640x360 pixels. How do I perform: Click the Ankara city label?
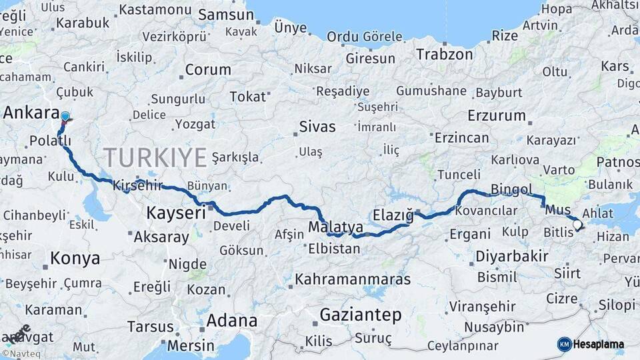(x=31, y=113)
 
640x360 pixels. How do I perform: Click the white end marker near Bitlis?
(x=577, y=226)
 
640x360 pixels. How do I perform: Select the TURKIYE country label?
(x=155, y=158)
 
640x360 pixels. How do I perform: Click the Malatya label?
(x=335, y=227)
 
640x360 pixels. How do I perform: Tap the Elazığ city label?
(x=393, y=215)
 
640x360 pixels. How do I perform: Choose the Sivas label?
(x=317, y=127)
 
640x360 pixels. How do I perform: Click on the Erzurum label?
(x=497, y=115)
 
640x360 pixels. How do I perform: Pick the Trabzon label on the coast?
(x=445, y=54)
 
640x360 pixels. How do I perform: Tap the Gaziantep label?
(x=361, y=314)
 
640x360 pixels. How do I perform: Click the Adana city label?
(x=231, y=321)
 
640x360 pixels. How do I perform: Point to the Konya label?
(x=75, y=259)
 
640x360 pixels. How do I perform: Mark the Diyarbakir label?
(x=512, y=257)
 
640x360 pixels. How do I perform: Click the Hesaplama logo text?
(x=599, y=344)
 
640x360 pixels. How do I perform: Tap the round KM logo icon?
(x=564, y=344)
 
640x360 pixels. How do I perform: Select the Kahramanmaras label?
(x=353, y=279)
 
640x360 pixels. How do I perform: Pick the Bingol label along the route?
(x=512, y=190)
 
